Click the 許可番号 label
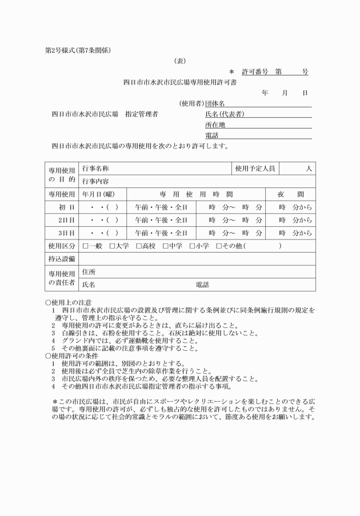click(255, 72)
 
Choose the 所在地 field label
click(215, 125)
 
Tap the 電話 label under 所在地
click(211, 135)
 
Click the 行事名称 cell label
click(95, 169)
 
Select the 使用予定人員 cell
click(255, 169)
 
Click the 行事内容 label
click(95, 182)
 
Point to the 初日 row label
click(67, 207)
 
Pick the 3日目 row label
click(66, 233)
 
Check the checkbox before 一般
click(85, 246)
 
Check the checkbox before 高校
click(139, 246)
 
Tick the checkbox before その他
click(219, 246)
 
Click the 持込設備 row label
click(61, 259)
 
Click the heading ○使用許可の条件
click(71, 356)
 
